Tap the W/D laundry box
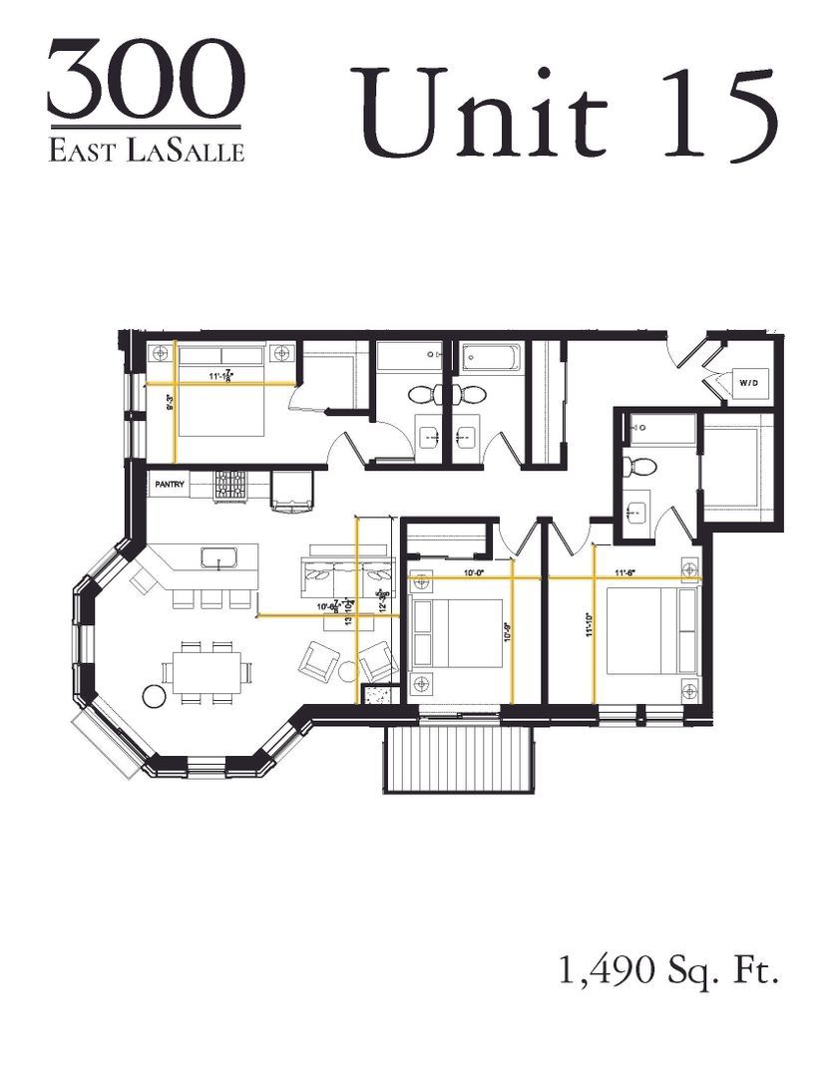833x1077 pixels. tap(749, 382)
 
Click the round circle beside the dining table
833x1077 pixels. tap(155, 695)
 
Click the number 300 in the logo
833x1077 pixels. tap(146, 81)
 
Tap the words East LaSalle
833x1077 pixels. tap(146, 151)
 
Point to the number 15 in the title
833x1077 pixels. tap(718, 115)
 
